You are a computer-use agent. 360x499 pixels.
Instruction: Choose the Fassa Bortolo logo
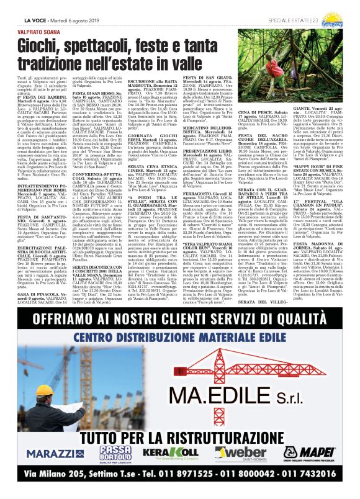115,453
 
